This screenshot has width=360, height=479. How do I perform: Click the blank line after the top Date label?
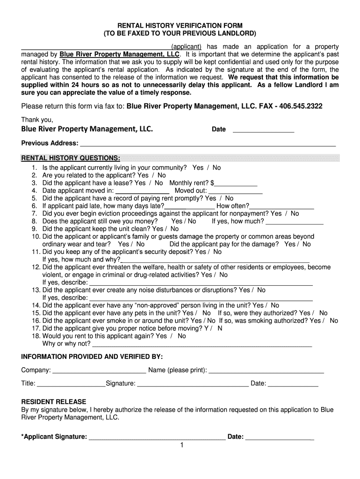point(263,131)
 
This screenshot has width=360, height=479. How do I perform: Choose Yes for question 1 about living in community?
point(198,167)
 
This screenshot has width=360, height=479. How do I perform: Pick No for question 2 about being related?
point(162,175)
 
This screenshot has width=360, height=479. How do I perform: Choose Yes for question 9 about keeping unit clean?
point(158,229)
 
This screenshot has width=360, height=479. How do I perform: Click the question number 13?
point(36,290)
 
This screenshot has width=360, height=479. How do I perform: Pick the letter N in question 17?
point(220,328)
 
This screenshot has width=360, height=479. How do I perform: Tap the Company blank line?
point(99,371)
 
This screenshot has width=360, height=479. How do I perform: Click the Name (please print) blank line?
point(266,371)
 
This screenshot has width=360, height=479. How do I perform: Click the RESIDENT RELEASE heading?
point(54,402)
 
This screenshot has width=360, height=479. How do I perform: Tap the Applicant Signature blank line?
point(157,438)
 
